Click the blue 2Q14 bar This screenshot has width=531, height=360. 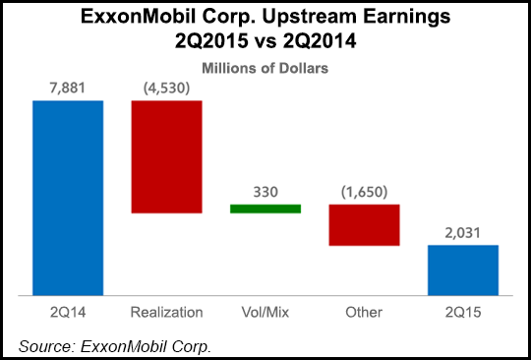click(68, 198)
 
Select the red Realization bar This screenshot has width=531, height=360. click(166, 157)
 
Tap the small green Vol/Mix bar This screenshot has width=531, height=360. click(265, 209)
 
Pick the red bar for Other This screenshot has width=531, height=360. click(364, 225)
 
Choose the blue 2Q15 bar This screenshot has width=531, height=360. click(462, 270)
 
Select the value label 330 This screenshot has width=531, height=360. click(265, 193)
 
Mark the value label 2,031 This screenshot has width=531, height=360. click(462, 233)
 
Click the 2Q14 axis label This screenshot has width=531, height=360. click(68, 313)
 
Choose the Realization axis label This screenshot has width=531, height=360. click(166, 313)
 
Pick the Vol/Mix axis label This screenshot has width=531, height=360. click(265, 313)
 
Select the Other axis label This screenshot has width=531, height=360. click(364, 313)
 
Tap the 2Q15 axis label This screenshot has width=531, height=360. click(462, 313)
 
